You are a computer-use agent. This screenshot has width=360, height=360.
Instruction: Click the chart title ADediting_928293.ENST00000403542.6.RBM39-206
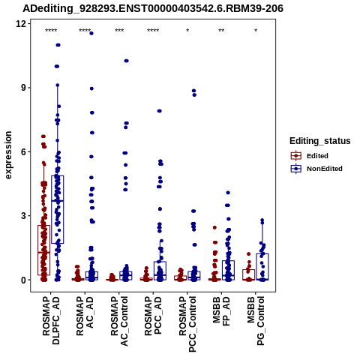tap(153, 8)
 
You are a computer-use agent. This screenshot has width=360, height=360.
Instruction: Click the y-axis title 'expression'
tap(8, 155)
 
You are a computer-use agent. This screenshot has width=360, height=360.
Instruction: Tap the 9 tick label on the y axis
tap(24, 88)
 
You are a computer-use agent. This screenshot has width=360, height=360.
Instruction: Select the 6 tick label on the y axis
tap(24, 151)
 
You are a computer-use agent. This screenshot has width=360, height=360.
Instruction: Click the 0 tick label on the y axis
tap(24, 280)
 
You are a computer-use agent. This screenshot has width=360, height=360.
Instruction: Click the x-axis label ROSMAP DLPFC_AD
tap(51, 320)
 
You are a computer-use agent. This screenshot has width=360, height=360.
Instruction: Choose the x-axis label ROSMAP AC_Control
tap(119, 321)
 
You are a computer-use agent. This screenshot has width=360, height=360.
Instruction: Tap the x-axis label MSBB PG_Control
tap(256, 321)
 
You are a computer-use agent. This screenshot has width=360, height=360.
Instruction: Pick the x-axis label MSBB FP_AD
tap(221, 311)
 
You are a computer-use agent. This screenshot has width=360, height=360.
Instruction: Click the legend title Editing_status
tap(320, 141)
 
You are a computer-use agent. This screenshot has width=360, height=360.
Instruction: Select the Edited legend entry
tap(310, 156)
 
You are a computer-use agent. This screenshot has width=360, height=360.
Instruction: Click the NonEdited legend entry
tap(316, 169)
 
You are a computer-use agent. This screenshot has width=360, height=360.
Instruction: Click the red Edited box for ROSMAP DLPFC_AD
tap(44, 250)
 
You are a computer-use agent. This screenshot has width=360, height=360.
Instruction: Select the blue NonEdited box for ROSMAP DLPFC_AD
tap(58, 209)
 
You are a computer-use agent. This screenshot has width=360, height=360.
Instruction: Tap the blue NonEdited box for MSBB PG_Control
tap(262, 266)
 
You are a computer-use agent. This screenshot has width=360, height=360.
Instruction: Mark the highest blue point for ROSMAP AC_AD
tap(91, 33)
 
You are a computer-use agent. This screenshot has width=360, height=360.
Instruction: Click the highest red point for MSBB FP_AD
tap(214, 227)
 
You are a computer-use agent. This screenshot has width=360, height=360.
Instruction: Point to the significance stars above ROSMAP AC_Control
tap(119, 31)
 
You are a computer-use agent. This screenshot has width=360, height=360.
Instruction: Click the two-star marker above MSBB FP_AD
tap(221, 31)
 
